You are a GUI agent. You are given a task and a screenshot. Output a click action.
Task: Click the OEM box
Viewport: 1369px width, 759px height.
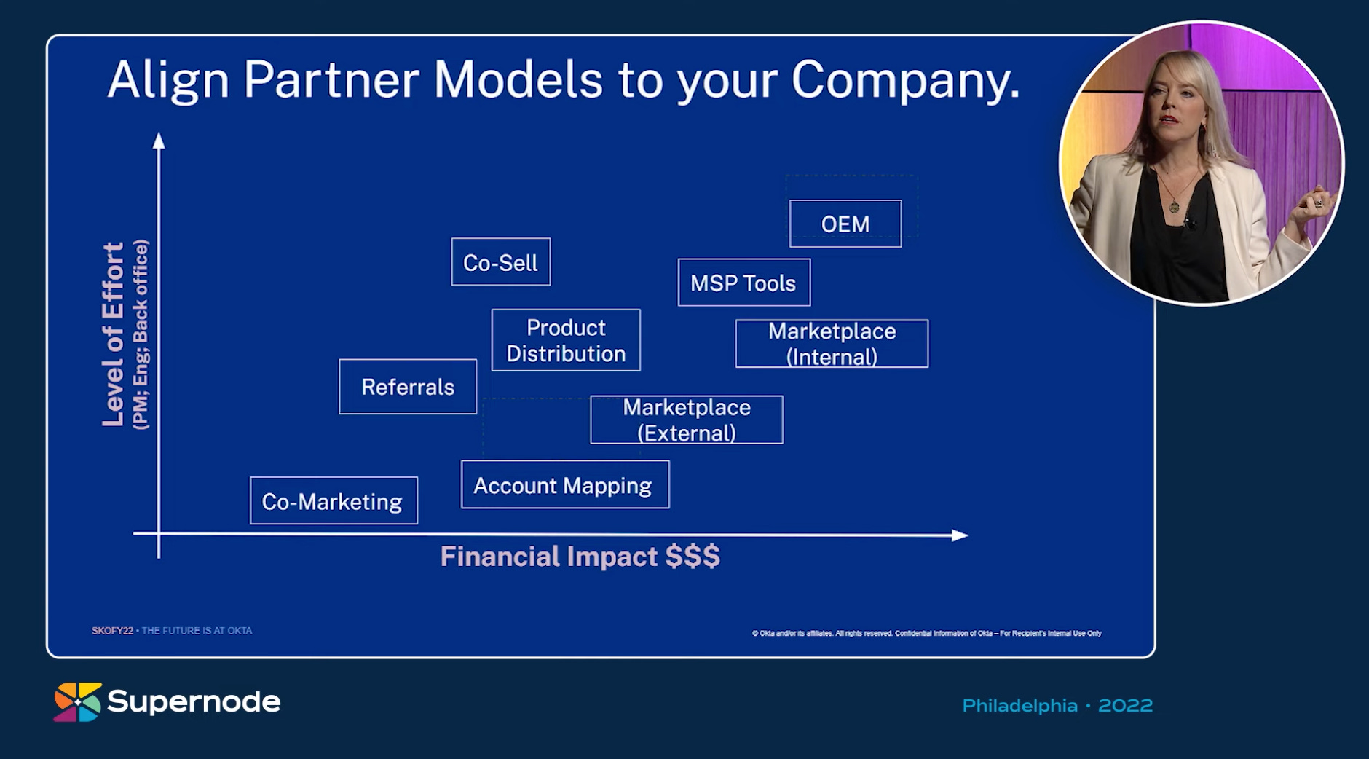845,224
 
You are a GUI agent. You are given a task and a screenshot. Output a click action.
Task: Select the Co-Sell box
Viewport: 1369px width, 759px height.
501,262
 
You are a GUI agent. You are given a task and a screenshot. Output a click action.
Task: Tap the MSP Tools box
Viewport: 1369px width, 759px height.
743,283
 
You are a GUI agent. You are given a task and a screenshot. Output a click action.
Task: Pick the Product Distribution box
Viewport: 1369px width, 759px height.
566,340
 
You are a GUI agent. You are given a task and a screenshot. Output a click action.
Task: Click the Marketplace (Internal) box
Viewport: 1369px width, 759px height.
832,344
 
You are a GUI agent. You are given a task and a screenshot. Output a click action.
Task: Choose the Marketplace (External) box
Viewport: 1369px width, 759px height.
687,420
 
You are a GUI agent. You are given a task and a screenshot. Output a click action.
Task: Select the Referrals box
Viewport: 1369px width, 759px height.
408,387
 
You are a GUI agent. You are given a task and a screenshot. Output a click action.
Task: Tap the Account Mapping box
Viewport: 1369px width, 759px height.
565,485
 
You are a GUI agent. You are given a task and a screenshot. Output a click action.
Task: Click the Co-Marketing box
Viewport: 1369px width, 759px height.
334,501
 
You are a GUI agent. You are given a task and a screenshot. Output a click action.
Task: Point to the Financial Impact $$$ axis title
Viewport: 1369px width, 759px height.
580,557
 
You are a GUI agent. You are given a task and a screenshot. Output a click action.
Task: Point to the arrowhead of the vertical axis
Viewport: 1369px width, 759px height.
159,140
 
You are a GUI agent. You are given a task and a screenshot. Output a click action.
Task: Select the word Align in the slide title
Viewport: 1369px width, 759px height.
168,80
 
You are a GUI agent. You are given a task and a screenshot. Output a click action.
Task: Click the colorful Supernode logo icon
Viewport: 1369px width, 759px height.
77,702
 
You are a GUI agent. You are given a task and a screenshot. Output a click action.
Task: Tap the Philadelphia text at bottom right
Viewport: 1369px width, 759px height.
1019,706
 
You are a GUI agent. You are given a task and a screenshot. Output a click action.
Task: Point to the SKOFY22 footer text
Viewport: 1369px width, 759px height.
112,631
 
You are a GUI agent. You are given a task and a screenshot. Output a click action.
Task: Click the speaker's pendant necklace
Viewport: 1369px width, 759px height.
1174,207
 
